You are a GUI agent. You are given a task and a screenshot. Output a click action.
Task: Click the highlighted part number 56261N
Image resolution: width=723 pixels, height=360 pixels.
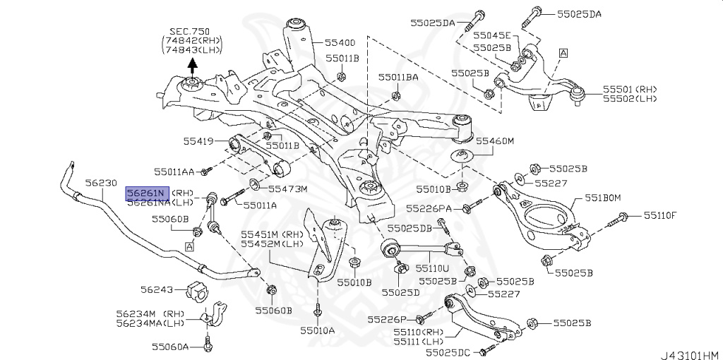point(146,193)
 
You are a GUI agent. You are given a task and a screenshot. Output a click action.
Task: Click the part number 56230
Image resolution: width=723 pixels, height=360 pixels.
point(96,183)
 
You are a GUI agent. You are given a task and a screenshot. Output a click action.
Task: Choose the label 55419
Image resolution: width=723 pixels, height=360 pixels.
point(198,141)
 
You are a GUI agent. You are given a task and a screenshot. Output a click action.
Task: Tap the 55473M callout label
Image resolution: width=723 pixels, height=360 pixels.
point(288,188)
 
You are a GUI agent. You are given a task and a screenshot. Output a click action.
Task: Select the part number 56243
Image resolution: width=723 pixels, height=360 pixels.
point(156,289)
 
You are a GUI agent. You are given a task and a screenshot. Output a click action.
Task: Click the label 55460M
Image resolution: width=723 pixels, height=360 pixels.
point(494,140)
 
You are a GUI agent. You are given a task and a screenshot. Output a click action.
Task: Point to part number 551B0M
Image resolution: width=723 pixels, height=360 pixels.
point(602,198)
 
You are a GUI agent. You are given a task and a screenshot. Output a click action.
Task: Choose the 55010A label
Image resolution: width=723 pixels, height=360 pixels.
point(318,330)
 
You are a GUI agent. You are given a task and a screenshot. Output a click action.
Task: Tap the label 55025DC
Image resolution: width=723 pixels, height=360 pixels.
point(448,352)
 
